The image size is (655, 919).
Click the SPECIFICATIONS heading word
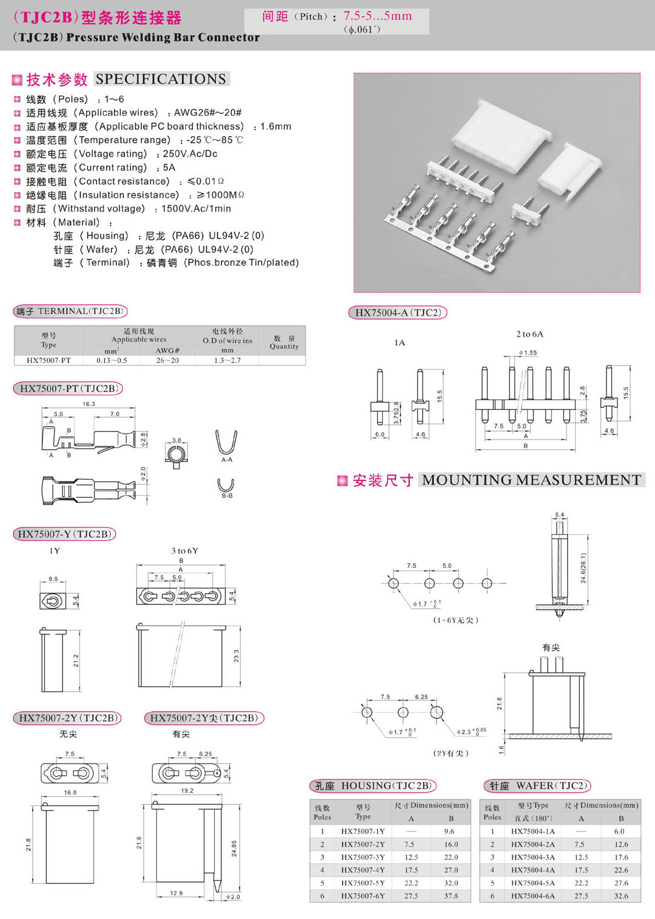161,79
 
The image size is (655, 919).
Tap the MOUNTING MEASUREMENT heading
531,480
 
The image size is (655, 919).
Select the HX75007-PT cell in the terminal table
49,360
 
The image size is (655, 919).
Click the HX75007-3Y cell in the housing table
363,857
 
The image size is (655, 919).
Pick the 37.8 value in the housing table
451,896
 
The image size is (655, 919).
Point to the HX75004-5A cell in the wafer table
532,883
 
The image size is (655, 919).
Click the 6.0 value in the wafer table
619,832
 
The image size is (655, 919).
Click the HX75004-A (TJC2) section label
397,313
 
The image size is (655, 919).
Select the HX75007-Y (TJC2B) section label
64,534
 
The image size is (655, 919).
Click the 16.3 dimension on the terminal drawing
89,404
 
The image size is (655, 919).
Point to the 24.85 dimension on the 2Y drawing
234,849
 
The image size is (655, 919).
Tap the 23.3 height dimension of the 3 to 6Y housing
236,656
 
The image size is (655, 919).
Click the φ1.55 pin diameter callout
528,353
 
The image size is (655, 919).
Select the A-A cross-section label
227,460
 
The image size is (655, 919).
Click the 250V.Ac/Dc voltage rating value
190,154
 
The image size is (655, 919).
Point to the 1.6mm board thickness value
276,127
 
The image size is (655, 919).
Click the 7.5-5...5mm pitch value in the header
377,16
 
